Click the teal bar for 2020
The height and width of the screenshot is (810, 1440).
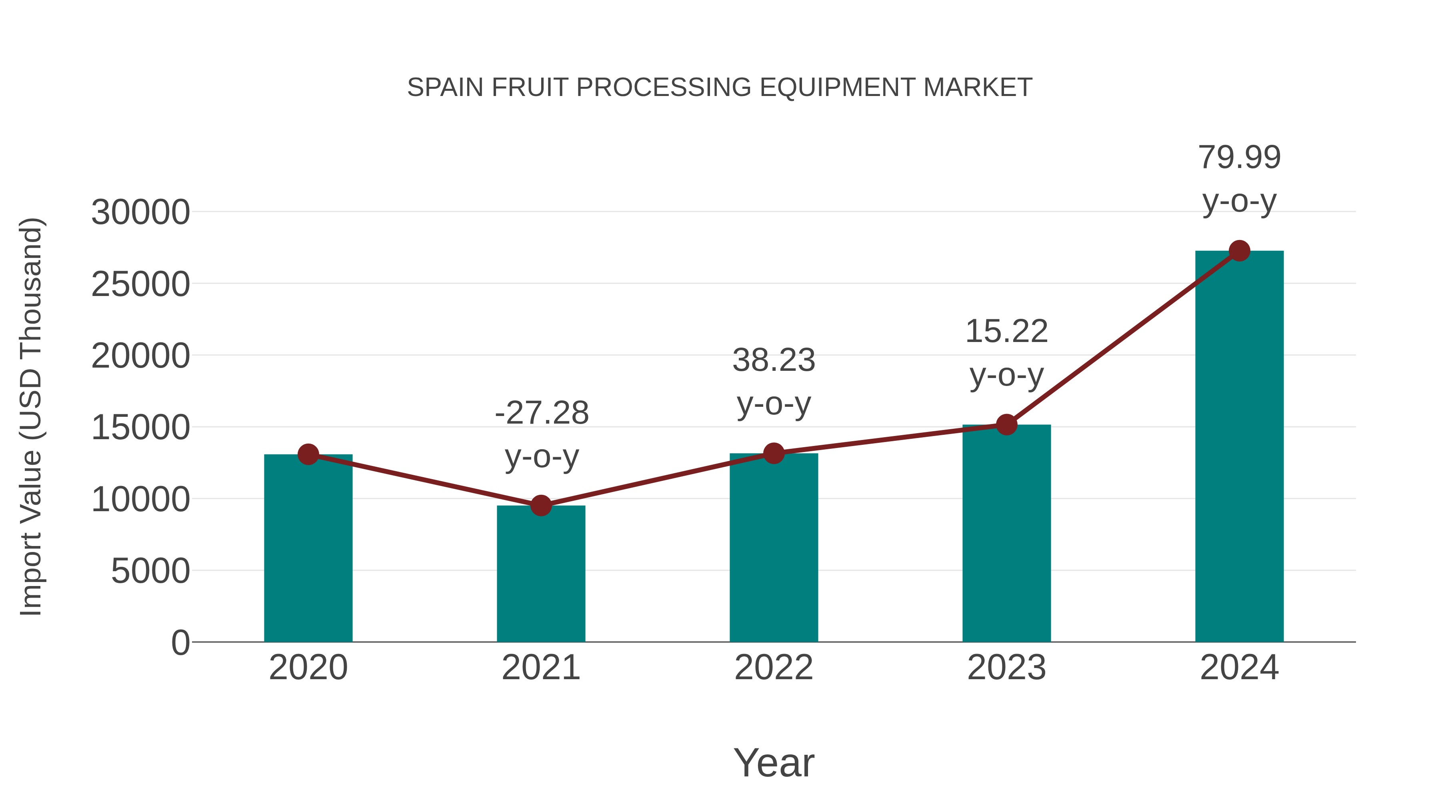[x=308, y=551]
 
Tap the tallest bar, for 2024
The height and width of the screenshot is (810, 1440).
[x=1239, y=447]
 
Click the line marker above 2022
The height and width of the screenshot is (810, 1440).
[x=774, y=453]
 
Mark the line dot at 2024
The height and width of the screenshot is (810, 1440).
[x=1239, y=251]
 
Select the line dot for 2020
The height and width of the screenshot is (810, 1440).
[x=308, y=454]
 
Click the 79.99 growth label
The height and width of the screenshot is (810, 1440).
[x=1239, y=157]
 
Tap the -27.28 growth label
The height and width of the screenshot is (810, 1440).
[x=541, y=413]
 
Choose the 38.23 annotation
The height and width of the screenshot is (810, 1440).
[x=774, y=360]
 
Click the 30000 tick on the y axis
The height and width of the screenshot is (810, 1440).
[x=140, y=212]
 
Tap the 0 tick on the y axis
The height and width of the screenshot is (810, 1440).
[x=180, y=642]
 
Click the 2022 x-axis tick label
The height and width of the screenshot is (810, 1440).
[x=774, y=668]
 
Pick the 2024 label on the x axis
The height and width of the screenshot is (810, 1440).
[x=1239, y=668]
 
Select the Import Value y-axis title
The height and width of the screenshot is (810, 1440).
[x=31, y=416]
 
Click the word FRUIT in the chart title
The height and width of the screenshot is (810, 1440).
[x=529, y=88]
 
